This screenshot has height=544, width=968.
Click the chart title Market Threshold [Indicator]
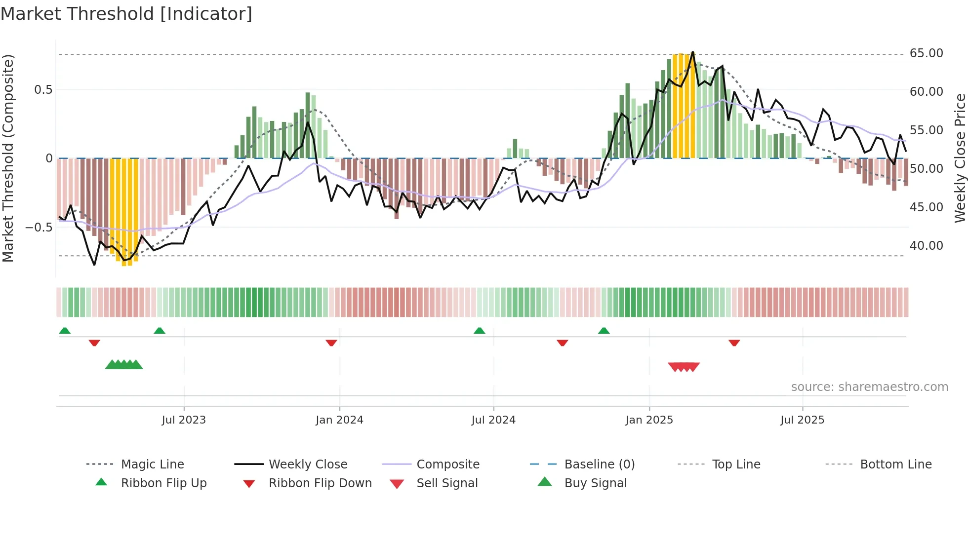(126, 14)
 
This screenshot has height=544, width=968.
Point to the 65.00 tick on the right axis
(926, 53)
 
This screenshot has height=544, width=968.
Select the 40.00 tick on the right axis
(926, 245)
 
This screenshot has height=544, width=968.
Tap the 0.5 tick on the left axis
(43, 90)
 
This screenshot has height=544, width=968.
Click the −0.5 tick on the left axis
(39, 228)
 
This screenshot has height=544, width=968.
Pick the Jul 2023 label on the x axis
(184, 420)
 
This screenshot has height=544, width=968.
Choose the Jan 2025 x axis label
(649, 420)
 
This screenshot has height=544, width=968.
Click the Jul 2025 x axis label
(802, 420)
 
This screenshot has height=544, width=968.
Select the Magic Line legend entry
(152, 465)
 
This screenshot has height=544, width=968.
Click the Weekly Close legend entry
(308, 465)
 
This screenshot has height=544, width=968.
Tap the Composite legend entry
(447, 465)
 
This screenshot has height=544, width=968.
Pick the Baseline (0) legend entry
(599, 465)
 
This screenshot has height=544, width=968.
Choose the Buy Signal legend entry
(595, 483)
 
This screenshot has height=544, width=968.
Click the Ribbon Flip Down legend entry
(320, 483)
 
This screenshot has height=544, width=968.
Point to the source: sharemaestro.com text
(869, 387)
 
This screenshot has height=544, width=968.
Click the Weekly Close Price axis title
(960, 158)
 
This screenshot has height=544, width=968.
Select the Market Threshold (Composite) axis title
(8, 158)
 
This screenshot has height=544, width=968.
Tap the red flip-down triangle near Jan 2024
(331, 343)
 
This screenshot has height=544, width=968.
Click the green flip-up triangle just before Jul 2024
(479, 331)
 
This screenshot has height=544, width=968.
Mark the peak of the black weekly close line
(692, 52)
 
